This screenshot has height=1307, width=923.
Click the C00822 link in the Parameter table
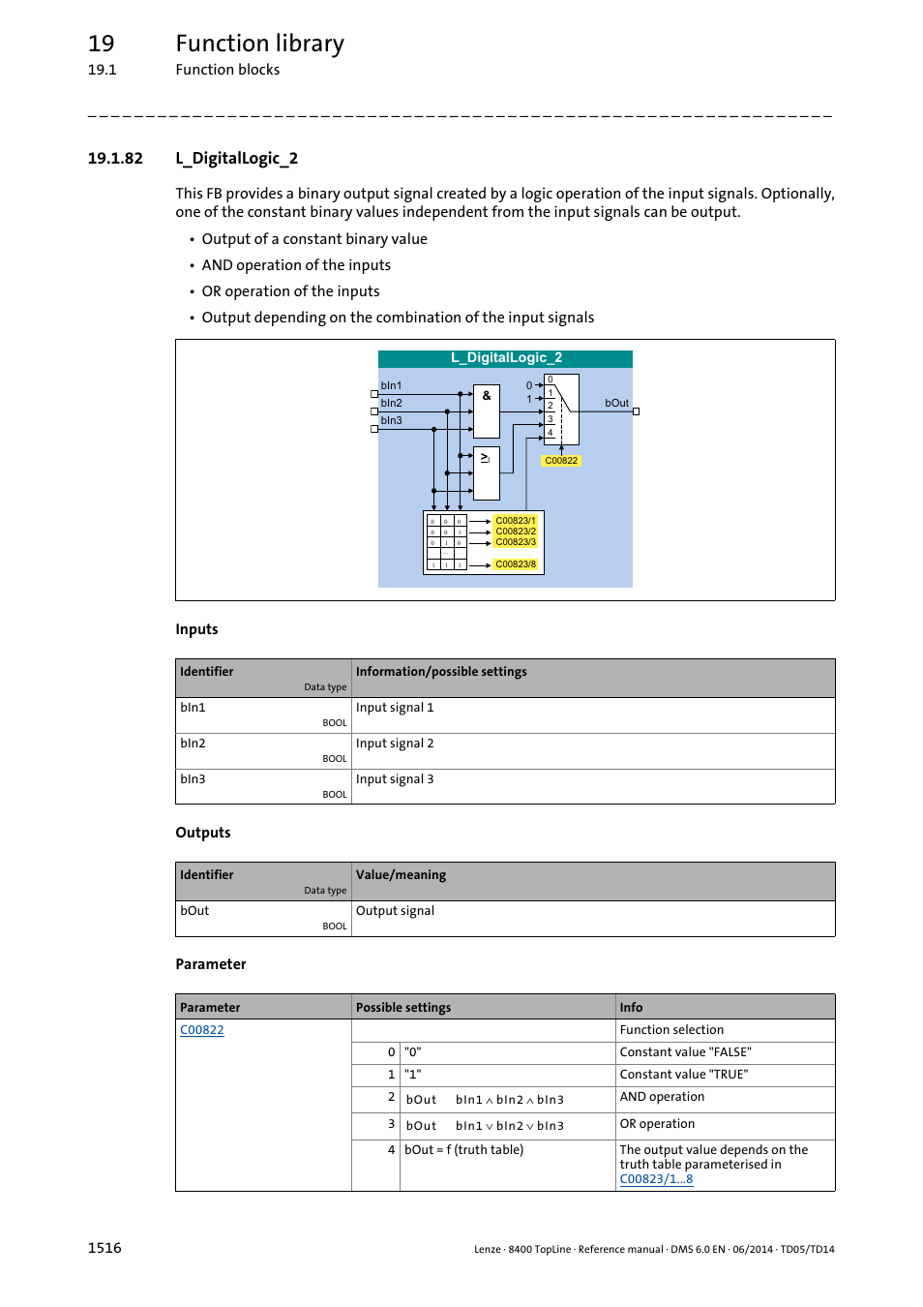(201, 1030)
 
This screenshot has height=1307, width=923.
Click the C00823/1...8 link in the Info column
(656, 1179)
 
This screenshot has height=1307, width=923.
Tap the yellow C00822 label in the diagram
(561, 461)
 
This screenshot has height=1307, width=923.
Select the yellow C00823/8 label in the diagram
(516, 564)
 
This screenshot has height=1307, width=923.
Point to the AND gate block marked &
(487, 410)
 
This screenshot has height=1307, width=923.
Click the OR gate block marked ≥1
(486, 472)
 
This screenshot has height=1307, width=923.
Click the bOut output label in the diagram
(616, 403)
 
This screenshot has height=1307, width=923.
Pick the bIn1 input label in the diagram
(391, 385)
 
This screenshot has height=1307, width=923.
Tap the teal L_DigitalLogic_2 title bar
(505, 358)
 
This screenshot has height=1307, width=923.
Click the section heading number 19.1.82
(115, 159)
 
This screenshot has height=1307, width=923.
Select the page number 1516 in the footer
(104, 1248)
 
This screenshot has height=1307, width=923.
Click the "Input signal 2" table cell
(395, 744)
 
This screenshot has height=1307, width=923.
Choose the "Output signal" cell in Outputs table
(395, 911)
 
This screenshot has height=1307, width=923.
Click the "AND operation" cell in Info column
(662, 1097)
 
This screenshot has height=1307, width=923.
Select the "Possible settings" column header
(403, 1008)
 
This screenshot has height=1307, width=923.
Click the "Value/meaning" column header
(401, 875)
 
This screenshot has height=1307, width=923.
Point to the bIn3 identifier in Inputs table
(193, 779)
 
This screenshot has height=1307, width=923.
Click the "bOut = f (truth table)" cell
(463, 1150)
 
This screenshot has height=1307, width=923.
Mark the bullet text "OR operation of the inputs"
(290, 291)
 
